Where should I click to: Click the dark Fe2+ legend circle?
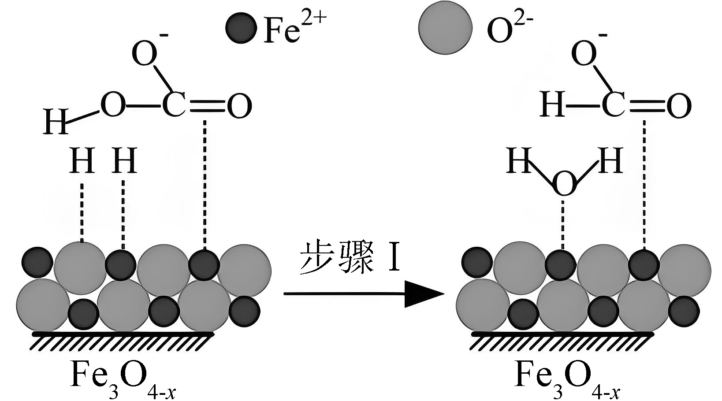241,28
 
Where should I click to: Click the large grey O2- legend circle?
445,28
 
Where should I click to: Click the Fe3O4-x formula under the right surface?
567,376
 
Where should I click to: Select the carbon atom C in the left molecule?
174,106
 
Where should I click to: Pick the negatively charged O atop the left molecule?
145,54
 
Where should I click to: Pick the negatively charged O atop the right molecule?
584,54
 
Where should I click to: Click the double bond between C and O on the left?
205,106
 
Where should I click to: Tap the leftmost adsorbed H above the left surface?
82,160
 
